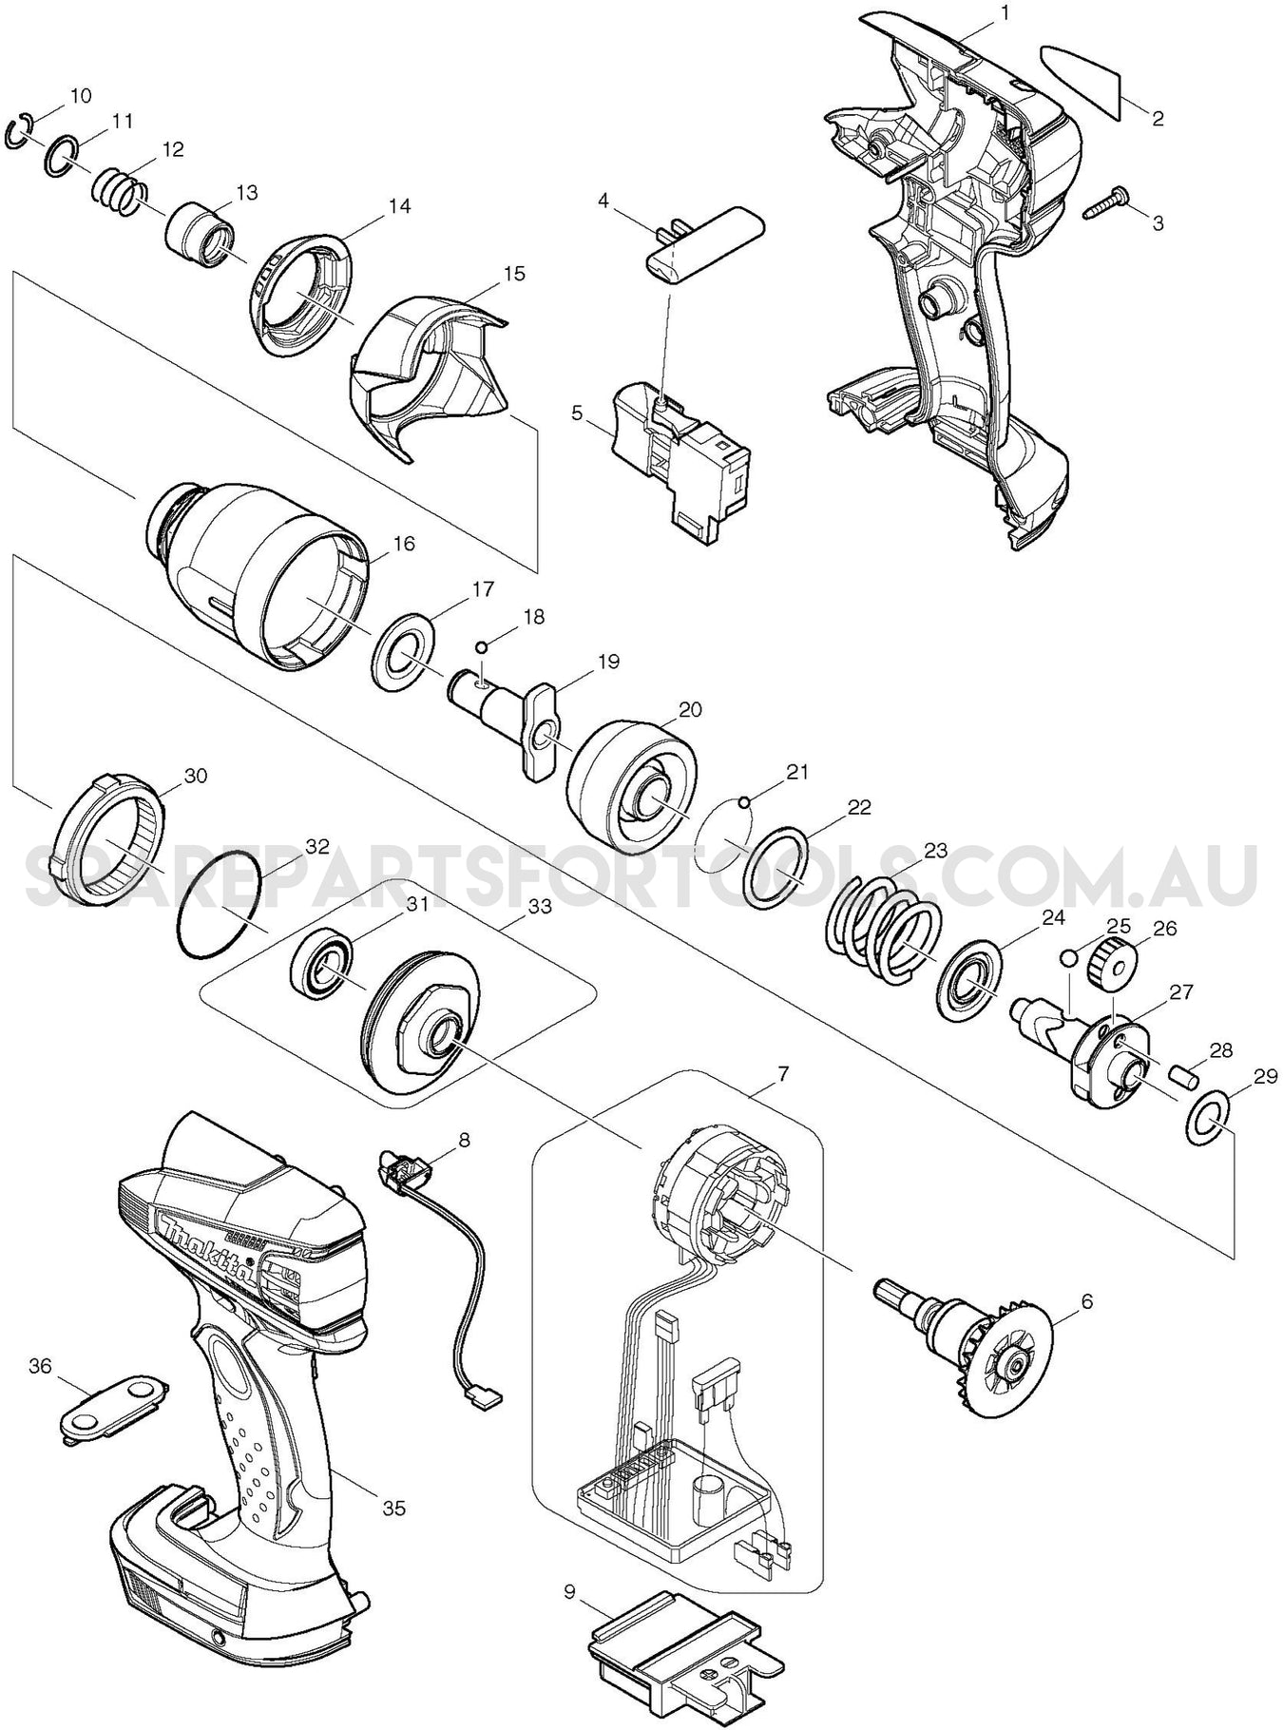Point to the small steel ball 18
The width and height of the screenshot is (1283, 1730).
click(482, 647)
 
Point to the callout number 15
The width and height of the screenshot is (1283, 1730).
click(514, 273)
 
